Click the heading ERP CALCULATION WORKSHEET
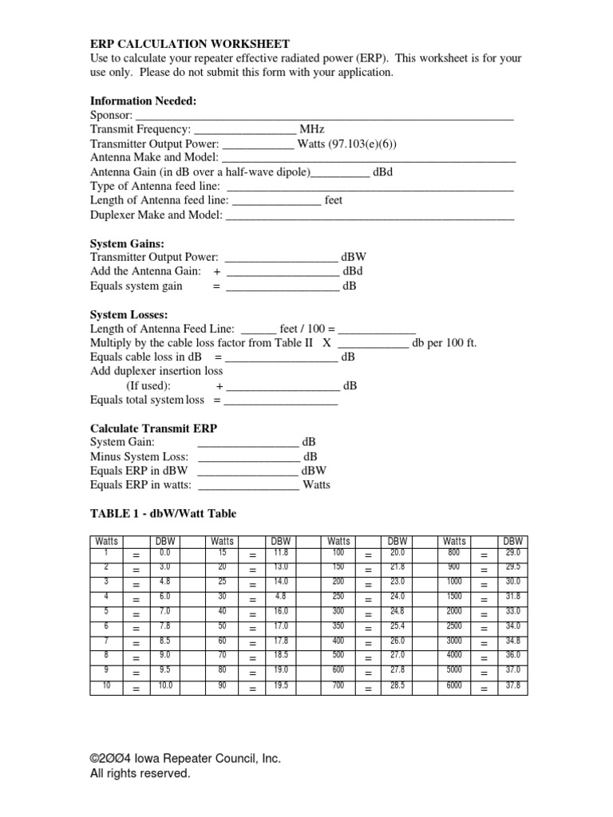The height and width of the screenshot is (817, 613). coord(190,43)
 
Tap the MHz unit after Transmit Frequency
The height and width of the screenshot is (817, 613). coord(312,129)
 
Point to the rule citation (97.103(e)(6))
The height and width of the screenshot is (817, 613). coord(360,144)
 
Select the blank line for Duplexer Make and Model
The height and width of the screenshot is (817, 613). coord(370,216)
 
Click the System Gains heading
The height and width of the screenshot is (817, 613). coord(128,243)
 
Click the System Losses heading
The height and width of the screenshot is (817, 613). coord(129,314)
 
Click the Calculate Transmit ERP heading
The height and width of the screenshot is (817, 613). coord(154,428)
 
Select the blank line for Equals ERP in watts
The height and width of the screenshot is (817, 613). coord(248,485)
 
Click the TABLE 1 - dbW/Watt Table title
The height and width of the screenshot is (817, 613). coord(164,514)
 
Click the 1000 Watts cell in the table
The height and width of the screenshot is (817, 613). coord(454,582)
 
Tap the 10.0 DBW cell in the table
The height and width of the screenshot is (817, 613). coord(165,685)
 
